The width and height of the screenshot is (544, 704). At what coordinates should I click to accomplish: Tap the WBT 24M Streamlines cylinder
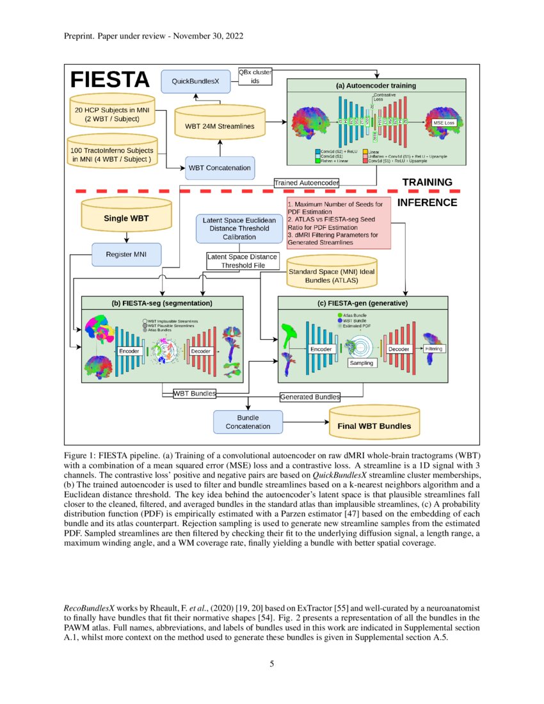click(220, 125)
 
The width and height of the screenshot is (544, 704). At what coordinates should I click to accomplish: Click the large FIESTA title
click(109, 80)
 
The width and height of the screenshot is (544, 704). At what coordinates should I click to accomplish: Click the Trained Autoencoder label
click(306, 183)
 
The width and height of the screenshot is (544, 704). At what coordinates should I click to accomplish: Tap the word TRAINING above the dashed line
click(427, 182)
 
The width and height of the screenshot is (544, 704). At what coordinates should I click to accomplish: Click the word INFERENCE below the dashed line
click(428, 203)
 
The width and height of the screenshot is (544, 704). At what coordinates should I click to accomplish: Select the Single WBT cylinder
click(126, 218)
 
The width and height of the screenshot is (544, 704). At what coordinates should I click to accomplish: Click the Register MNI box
click(126, 254)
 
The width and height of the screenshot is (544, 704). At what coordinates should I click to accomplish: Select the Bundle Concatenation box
click(248, 422)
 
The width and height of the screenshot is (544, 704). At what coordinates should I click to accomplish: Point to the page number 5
click(272, 664)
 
